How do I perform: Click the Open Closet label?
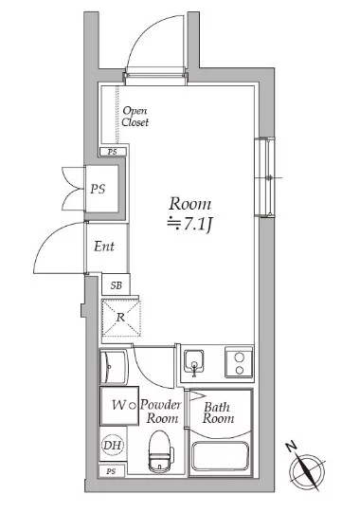[135, 117]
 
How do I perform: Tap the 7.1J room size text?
[190, 225]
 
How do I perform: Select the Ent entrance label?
[104, 247]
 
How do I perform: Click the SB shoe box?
[116, 284]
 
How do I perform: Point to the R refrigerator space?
[121, 318]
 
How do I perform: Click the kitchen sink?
[194, 363]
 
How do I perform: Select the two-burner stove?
[239, 363]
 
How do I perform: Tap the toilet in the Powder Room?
[160, 451]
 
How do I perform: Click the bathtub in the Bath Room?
[220, 457]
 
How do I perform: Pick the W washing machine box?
[119, 406]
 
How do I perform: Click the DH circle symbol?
[112, 445]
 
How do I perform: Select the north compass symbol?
[306, 467]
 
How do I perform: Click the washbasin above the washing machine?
[113, 366]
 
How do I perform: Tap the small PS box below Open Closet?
[113, 152]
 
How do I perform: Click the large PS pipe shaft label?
[98, 189]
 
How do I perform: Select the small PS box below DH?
[112, 471]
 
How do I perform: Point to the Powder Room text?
[161, 412]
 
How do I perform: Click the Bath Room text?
[218, 412]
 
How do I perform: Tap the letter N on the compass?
[291, 447]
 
